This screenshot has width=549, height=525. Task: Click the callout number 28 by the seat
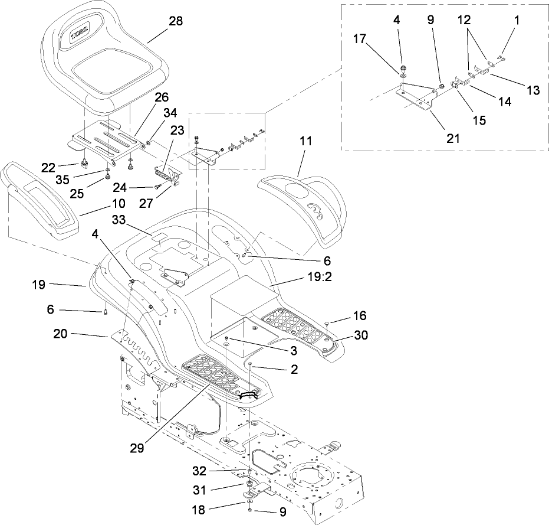tap(175, 21)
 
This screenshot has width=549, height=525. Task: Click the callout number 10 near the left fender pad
tap(119, 204)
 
